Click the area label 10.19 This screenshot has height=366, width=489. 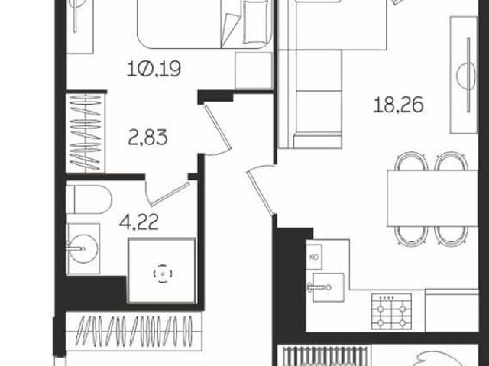click(x=154, y=69)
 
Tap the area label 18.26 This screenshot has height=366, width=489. click(x=398, y=105)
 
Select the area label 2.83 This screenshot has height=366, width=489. click(x=147, y=138)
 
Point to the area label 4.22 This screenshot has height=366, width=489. click(x=139, y=222)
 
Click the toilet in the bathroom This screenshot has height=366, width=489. click(x=89, y=199)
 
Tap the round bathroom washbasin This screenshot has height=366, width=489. click(x=83, y=248)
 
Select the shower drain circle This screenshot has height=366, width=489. click(x=163, y=274)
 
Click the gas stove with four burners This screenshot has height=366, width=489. click(x=391, y=312)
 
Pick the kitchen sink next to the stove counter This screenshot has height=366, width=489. click(x=328, y=287)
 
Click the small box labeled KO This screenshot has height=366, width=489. click(x=314, y=257)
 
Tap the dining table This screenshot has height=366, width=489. click(x=432, y=198)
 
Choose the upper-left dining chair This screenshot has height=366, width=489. click(x=411, y=161)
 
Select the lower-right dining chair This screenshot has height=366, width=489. click(x=452, y=236)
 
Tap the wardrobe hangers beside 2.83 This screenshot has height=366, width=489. click(x=85, y=133)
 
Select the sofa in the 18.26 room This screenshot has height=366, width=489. click(x=310, y=99)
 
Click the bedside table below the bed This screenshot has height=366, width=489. click(x=254, y=70)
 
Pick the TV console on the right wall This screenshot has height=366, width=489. click(x=464, y=75)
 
